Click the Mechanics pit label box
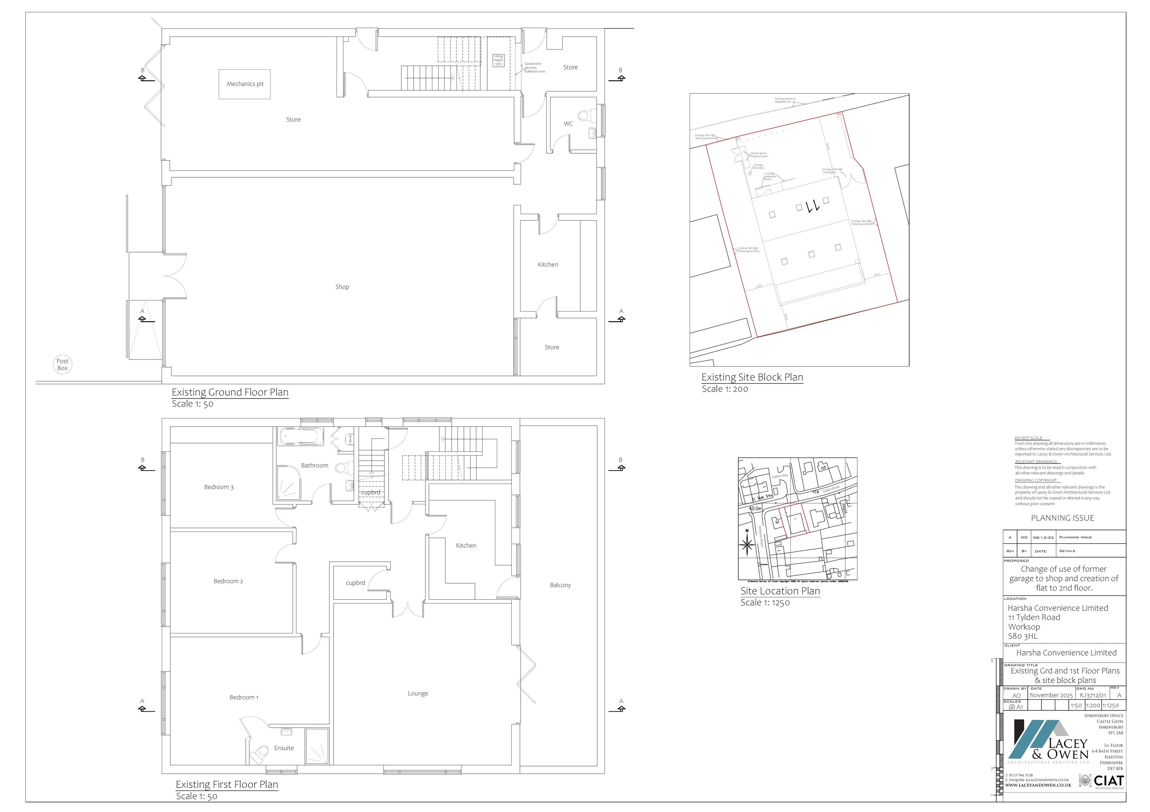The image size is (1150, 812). (245, 84)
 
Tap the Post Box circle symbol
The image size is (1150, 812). (62, 364)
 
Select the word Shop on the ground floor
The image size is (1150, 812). (342, 287)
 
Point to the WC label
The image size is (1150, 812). (568, 124)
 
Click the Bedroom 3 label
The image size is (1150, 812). (219, 487)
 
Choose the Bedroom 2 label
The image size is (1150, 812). (228, 581)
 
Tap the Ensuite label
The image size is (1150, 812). (284, 748)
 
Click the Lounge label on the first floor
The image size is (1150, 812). (418, 693)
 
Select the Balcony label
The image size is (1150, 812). (560, 585)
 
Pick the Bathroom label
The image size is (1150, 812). (315, 466)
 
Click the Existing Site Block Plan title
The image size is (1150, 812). (752, 377)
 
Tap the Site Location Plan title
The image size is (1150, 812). (780, 591)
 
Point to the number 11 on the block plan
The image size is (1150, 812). (812, 205)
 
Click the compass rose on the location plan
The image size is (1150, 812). (747, 544)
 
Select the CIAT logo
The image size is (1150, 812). (1109, 781)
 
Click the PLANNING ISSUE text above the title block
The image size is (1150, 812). (1062, 518)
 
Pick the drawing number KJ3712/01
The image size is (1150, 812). (1092, 696)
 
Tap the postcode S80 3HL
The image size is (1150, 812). (1022, 636)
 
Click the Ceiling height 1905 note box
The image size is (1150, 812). (498, 61)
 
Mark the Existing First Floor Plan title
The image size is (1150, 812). (227, 784)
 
